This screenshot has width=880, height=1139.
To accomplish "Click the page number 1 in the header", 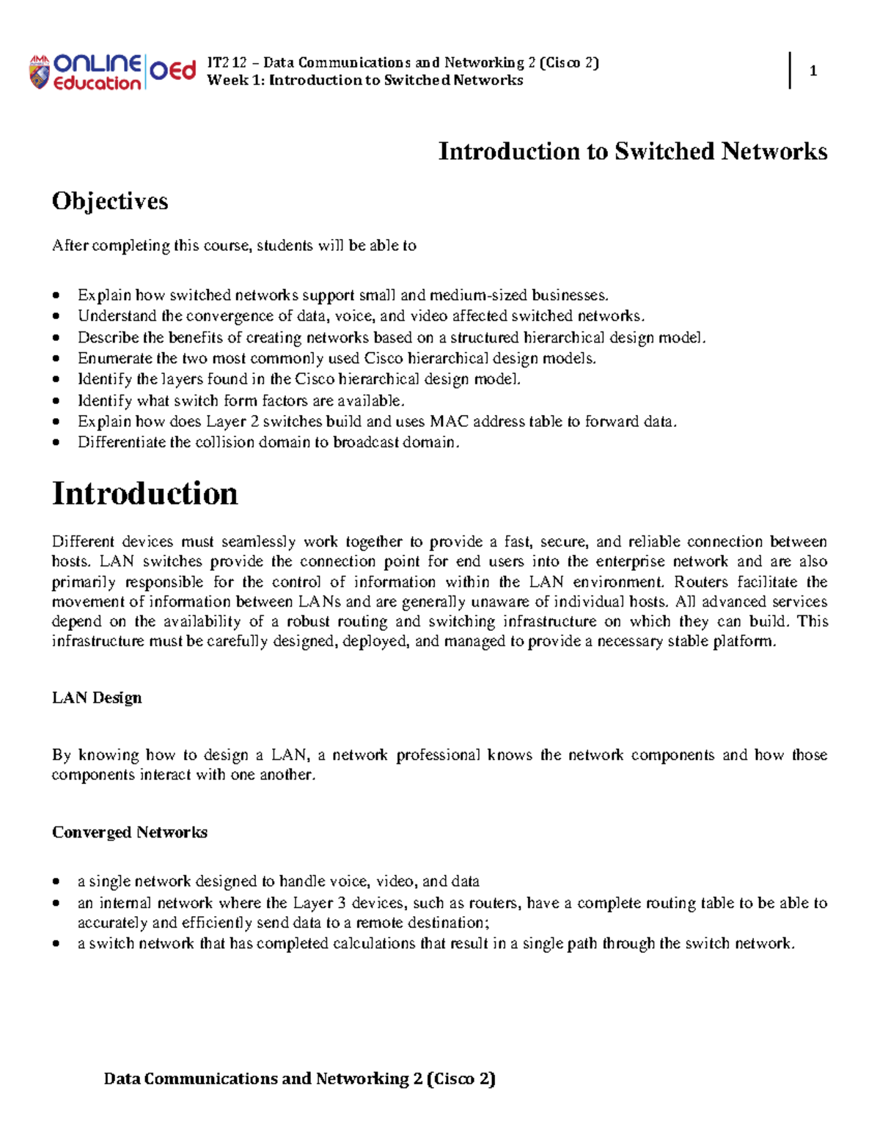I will tap(813, 71).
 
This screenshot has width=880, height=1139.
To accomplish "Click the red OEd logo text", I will tap(173, 70).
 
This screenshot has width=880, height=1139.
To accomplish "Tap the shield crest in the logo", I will tap(39, 73).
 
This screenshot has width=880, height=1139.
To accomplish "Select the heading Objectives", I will tap(110, 201).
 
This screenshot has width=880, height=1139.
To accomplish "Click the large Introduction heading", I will tap(144, 493).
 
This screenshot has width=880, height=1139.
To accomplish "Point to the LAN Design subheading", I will tap(97, 697).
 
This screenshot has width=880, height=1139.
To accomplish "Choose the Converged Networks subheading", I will tap(130, 832).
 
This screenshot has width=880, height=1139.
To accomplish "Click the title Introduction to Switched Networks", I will tap(632, 151).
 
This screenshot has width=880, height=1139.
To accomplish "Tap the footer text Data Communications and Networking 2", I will tap(299, 1078).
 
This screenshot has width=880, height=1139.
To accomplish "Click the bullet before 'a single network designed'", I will tap(56, 882).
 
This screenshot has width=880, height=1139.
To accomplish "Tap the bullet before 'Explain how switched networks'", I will tap(56, 296).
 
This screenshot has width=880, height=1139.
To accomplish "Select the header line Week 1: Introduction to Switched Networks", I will tap(365, 80).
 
